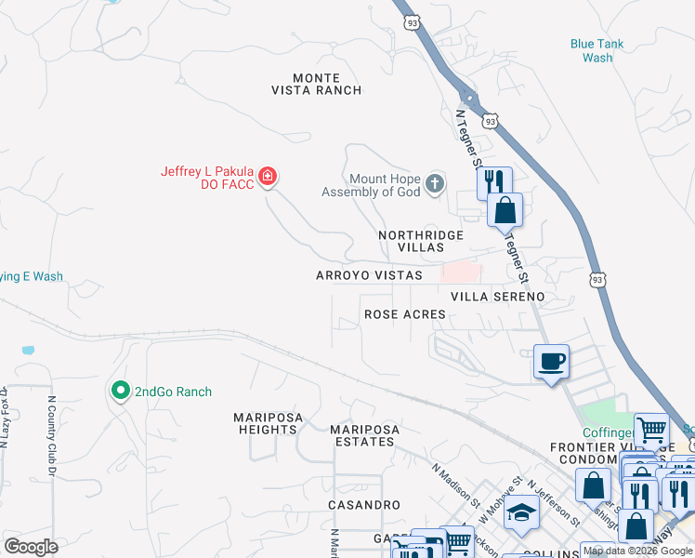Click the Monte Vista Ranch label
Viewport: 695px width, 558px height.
click(x=316, y=84)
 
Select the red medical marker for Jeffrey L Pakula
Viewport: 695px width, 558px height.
click(x=268, y=176)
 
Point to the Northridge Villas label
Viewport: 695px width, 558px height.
click(x=421, y=242)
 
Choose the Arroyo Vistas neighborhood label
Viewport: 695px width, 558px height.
click(x=369, y=275)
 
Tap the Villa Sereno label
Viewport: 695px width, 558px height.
click(x=497, y=296)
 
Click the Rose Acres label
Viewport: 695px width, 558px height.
click(x=404, y=314)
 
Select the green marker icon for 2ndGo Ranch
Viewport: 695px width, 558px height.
click(x=120, y=391)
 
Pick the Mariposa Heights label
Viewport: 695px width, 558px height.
click(x=267, y=423)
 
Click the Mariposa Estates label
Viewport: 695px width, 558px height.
click(x=364, y=435)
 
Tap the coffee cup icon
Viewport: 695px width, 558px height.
click(x=551, y=362)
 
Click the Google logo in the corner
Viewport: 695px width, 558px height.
click(x=31, y=547)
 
